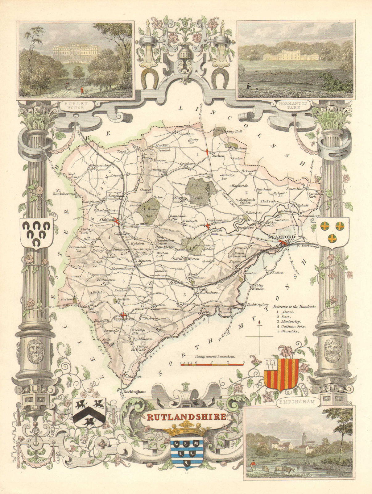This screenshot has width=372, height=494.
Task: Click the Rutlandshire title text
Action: pos(187,417)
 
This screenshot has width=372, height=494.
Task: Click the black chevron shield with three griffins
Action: pos(89,412)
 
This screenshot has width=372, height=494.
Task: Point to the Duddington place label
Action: pos(258,304)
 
